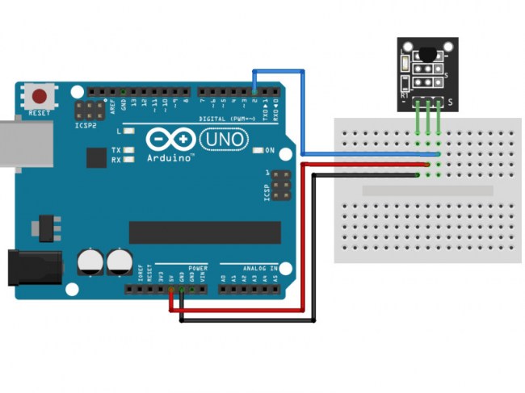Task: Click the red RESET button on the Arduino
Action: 39,96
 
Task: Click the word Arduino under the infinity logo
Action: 170,158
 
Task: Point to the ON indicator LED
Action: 258,150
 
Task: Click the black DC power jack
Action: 34,267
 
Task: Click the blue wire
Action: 304,113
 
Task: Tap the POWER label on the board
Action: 198,267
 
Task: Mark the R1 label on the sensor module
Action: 405,94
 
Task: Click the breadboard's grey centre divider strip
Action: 427,191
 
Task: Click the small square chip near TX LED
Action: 96,157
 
